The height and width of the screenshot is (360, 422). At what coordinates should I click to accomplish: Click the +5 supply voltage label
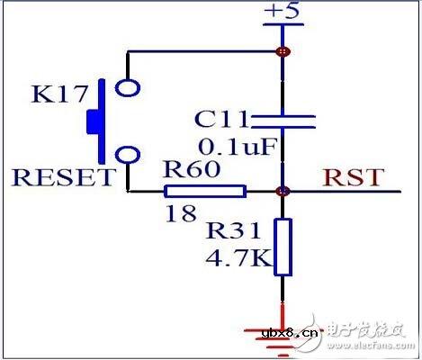(x=281, y=12)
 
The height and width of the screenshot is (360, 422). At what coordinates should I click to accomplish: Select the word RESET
(x=63, y=176)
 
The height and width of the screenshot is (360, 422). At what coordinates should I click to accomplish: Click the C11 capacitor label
(x=218, y=120)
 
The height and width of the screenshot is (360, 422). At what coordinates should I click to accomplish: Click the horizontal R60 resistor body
(x=205, y=191)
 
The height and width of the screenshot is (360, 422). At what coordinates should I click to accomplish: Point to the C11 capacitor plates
(x=283, y=122)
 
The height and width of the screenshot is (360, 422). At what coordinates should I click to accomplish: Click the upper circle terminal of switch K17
(x=129, y=88)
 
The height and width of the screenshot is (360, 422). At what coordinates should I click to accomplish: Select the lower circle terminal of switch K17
(x=129, y=154)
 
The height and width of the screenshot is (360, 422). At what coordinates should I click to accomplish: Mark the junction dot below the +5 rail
(x=283, y=51)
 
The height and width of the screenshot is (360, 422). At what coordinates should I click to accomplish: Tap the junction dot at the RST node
(x=283, y=191)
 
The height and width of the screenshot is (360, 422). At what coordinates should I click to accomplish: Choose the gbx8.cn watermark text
(x=290, y=335)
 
